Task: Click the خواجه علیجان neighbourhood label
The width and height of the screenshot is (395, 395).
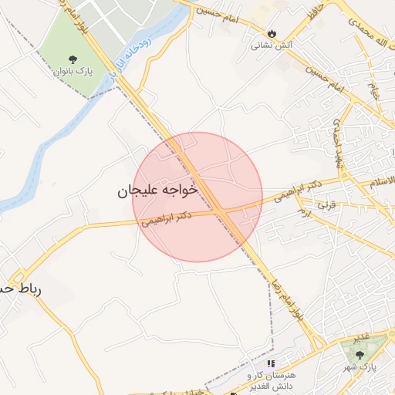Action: point(157,190)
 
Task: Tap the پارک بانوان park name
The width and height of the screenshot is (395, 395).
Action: point(73,72)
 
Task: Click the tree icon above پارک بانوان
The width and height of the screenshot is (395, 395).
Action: point(73,59)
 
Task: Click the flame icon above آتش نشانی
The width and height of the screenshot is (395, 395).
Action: point(271,32)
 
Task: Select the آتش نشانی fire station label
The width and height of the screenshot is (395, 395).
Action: point(271,45)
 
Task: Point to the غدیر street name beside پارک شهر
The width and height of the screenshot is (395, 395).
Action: point(360,337)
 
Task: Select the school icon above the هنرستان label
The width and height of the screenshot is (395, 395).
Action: point(271,363)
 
